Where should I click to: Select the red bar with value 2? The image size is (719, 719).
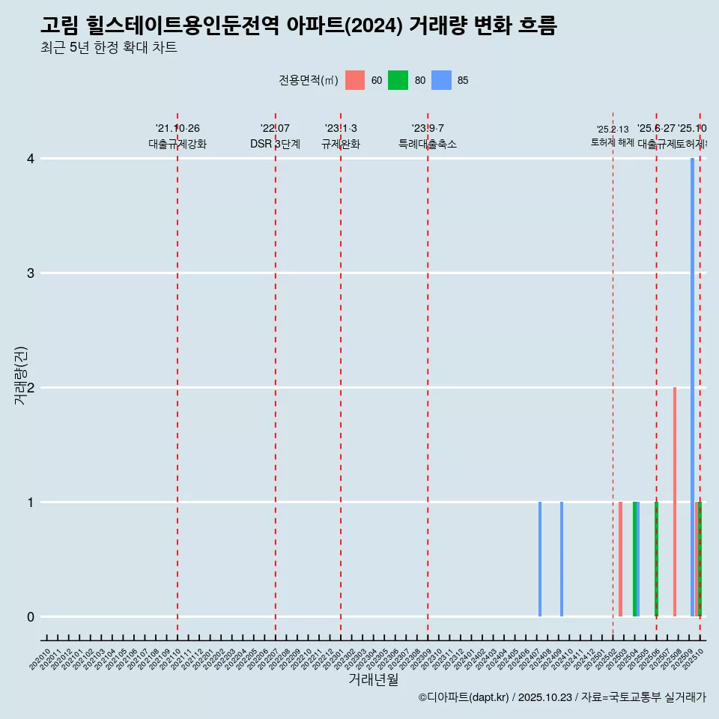click(x=675, y=502)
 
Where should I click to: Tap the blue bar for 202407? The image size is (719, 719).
click(x=540, y=559)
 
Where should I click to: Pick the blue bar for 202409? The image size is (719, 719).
click(x=562, y=559)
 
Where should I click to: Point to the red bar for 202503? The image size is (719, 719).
click(x=620, y=559)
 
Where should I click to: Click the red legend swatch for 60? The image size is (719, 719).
click(x=355, y=80)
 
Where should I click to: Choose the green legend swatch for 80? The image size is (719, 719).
click(x=398, y=80)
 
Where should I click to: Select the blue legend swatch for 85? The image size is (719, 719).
click(x=442, y=80)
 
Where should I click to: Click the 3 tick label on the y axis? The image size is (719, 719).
click(x=31, y=273)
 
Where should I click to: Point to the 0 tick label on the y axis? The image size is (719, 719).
click(x=31, y=616)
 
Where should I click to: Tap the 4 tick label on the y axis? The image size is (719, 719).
click(x=31, y=158)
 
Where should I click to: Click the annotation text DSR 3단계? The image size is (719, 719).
click(x=276, y=144)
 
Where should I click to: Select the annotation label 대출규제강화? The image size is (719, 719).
click(x=178, y=144)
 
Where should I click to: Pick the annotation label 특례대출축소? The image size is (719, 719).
click(x=428, y=144)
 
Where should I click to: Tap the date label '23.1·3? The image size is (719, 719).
click(x=341, y=129)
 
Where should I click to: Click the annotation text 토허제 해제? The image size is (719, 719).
click(x=613, y=142)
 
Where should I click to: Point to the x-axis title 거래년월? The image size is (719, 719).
click(x=374, y=679)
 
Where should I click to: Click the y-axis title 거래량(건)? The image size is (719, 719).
click(x=21, y=375)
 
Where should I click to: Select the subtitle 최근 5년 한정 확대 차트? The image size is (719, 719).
click(x=109, y=48)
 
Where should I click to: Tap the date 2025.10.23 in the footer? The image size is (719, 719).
click(x=545, y=698)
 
